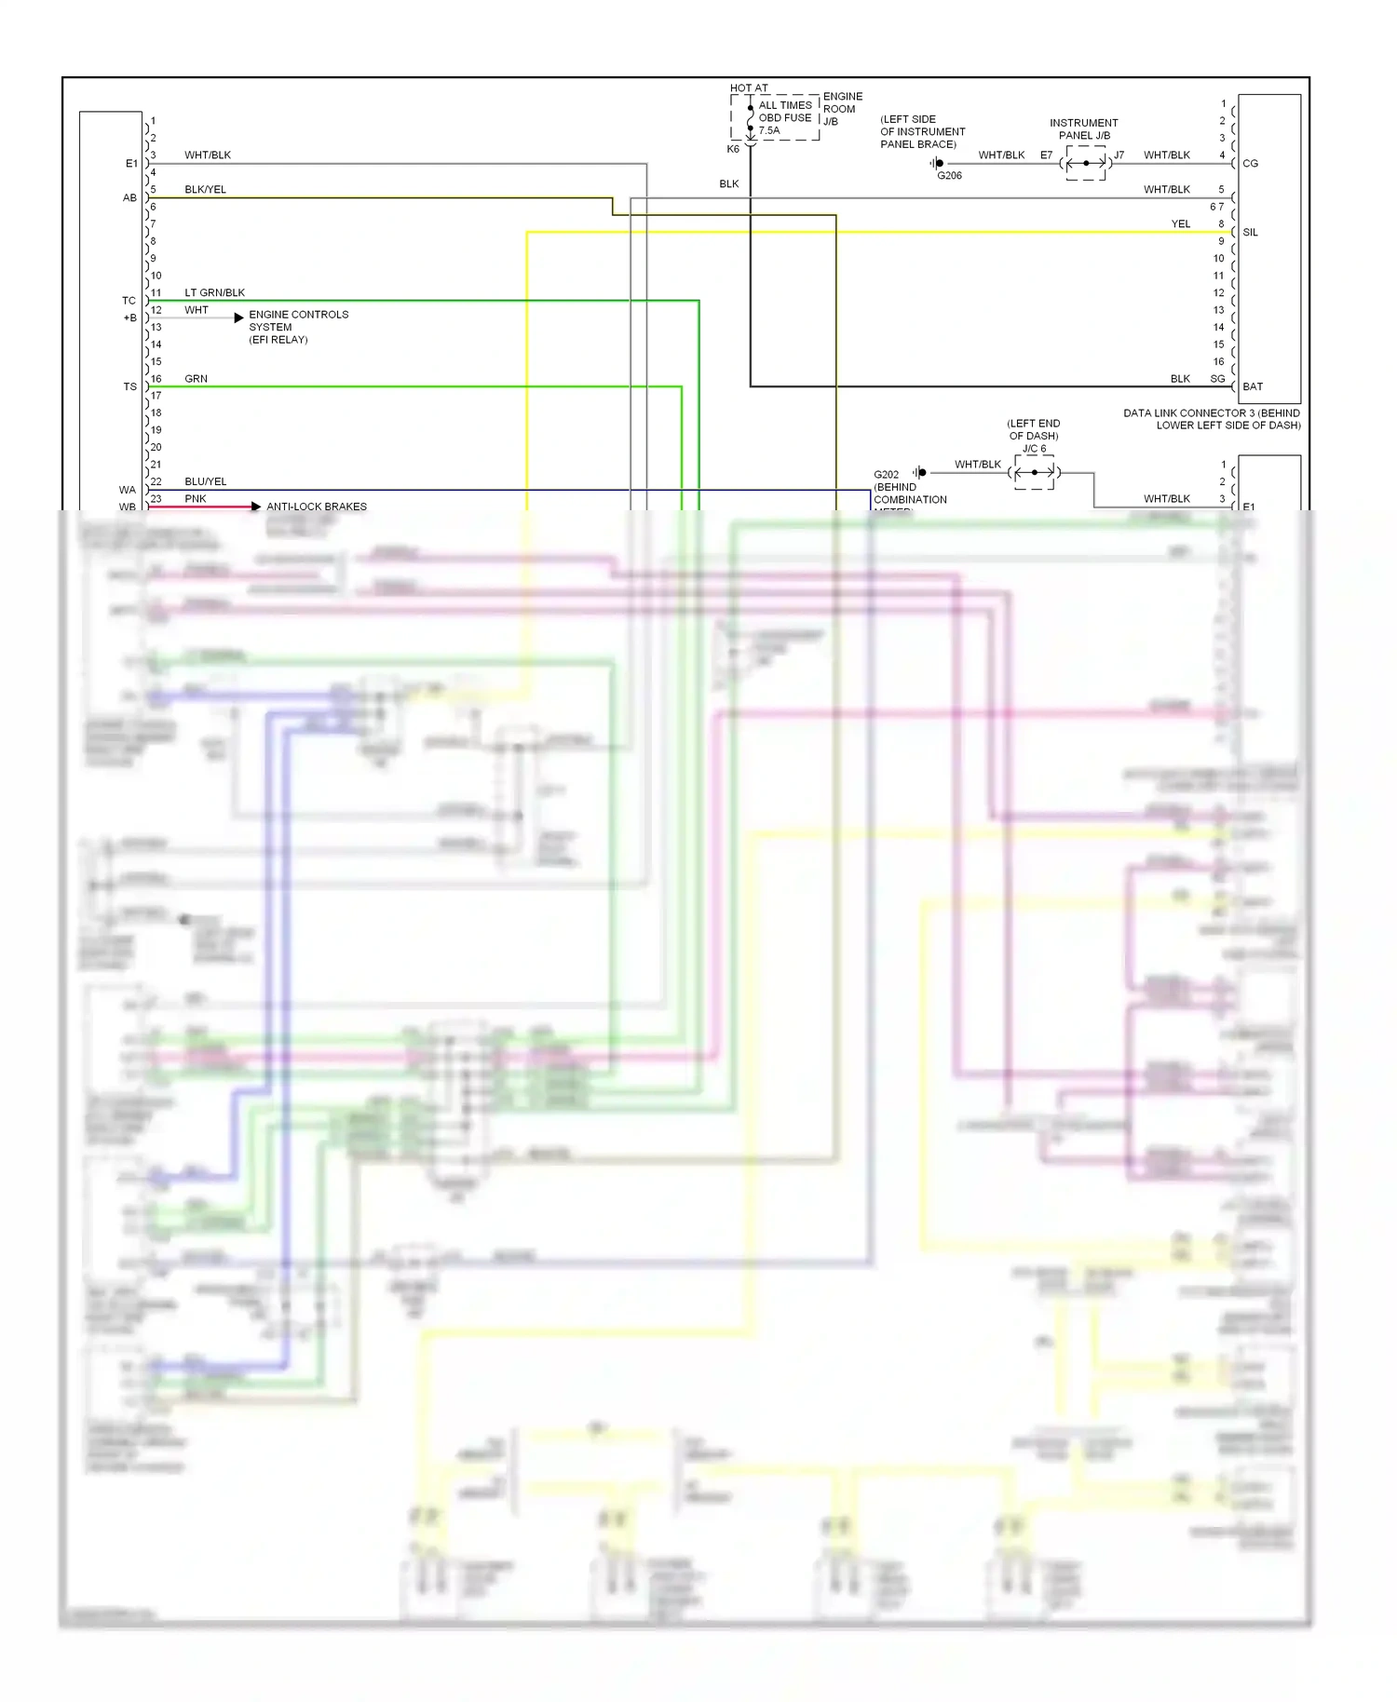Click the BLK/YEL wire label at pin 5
[x=205, y=189]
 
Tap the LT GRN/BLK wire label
[x=214, y=292]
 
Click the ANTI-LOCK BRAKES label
[x=317, y=507]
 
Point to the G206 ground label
[x=949, y=175]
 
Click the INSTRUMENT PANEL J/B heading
[x=1083, y=128]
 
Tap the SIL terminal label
[x=1250, y=232]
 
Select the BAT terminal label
[x=1253, y=386]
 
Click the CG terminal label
[x=1250, y=163]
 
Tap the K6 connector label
[x=733, y=149]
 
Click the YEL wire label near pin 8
[x=1180, y=223]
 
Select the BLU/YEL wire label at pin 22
[x=205, y=481]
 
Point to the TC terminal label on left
[x=129, y=301]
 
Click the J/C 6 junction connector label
[x=1034, y=449]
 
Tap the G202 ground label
[x=886, y=474]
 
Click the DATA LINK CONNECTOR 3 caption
[x=1211, y=419]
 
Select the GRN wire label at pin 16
[x=196, y=378]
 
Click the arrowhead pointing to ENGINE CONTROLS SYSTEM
[x=239, y=317]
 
